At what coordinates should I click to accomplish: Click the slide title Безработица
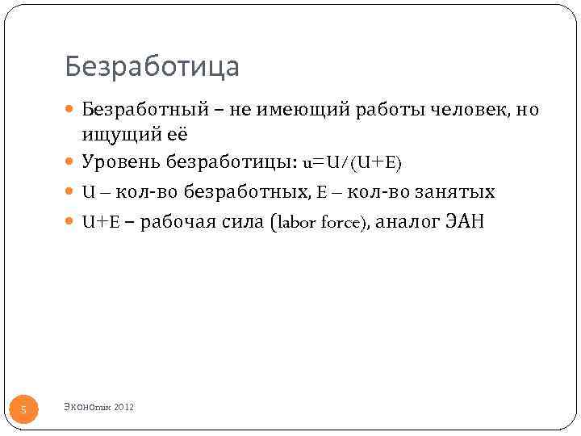[153, 66]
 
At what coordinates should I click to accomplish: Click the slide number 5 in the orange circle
[23, 410]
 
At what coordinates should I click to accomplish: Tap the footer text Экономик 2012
[98, 407]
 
